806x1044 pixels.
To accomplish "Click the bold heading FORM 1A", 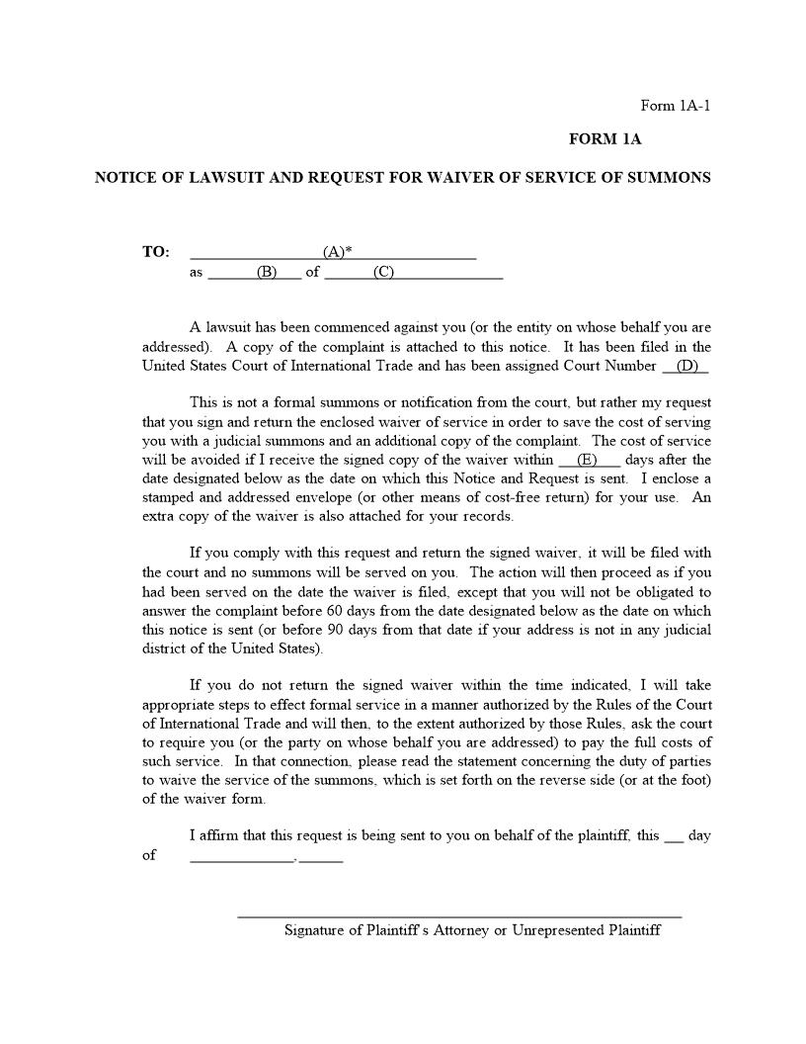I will (604, 139).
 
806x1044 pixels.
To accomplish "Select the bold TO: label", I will (155, 252).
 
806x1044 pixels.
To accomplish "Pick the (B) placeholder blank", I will (266, 273).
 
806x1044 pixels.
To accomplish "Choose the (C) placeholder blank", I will (383, 273).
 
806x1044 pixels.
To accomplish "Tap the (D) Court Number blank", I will (686, 367).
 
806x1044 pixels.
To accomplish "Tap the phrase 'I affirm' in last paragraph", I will (214, 835).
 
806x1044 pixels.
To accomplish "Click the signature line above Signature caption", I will (459, 917).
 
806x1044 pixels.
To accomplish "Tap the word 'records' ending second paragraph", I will (485, 517).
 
